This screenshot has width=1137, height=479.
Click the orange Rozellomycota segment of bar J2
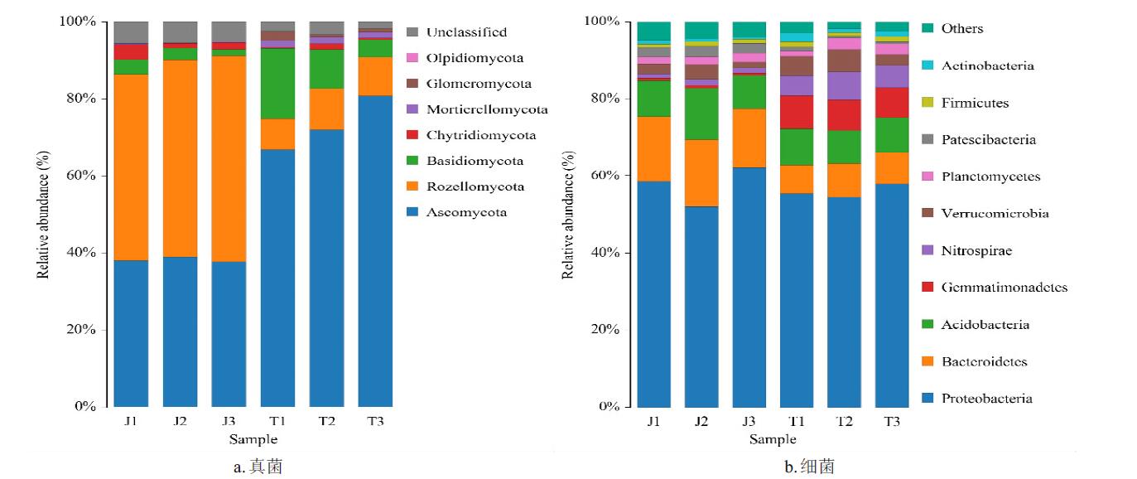[x=180, y=158]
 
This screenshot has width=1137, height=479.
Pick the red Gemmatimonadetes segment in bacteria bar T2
[x=844, y=115]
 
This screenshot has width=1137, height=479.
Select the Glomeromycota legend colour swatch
[x=412, y=84]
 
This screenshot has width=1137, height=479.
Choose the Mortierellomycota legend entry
[x=486, y=109]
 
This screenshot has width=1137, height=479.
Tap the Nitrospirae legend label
[x=976, y=250]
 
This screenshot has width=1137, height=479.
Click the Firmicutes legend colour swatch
[x=927, y=103]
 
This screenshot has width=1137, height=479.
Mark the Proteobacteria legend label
[x=986, y=399]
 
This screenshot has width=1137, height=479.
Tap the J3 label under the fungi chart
[x=229, y=422]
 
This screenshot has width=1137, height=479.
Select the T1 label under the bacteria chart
[x=796, y=422]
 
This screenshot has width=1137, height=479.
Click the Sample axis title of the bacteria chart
[x=772, y=439]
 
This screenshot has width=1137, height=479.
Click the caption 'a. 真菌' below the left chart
[x=258, y=467]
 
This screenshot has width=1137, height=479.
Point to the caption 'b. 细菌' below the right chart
[x=809, y=467]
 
